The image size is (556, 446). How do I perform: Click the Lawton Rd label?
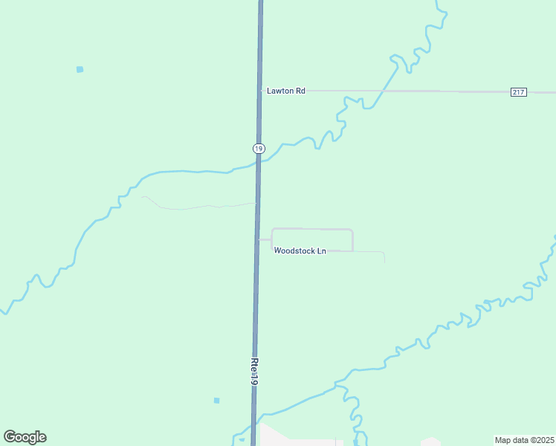286,91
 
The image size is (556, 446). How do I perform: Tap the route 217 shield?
519,91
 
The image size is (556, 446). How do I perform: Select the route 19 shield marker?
258,149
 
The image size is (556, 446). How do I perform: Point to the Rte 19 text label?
253,372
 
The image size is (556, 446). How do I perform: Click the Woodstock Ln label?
300,251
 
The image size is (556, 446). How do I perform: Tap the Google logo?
25,437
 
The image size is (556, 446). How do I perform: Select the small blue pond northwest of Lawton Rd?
80,69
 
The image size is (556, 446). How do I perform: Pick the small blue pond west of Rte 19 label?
216,401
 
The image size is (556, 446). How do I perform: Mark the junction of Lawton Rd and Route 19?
260,91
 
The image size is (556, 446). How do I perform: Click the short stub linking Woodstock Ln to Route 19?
265,240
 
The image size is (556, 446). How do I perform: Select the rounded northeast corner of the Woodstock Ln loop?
350,231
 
